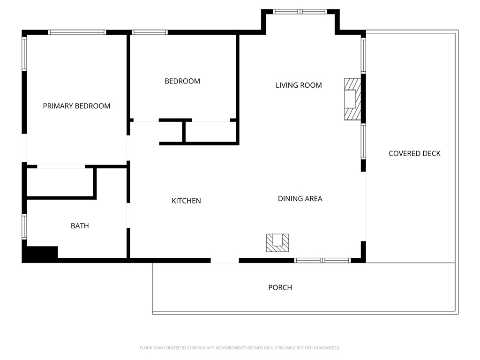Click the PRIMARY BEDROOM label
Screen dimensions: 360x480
pyautogui.click(x=76, y=106)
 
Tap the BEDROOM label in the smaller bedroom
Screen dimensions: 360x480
pyautogui.click(x=182, y=81)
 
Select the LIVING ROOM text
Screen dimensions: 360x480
pyautogui.click(x=299, y=85)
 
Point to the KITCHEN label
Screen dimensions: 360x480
pyautogui.click(x=186, y=201)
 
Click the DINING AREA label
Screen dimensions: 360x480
pyautogui.click(x=300, y=199)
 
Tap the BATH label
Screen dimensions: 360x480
pyautogui.click(x=80, y=226)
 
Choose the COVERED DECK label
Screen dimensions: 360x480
pyautogui.click(x=414, y=154)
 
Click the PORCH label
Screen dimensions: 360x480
pyautogui.click(x=280, y=287)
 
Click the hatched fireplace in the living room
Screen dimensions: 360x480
pyautogui.click(x=352, y=99)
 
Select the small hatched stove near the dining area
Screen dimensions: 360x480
pyautogui.click(x=277, y=243)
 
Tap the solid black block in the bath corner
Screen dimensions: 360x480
pyautogui.click(x=40, y=254)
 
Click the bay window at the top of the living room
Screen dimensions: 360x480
pyautogui.click(x=300, y=12)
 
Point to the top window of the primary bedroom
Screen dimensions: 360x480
pyautogui.click(x=77, y=32)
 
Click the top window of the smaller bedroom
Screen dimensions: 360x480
pyautogui.click(x=150, y=32)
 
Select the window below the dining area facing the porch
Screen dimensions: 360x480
pyautogui.click(x=322, y=260)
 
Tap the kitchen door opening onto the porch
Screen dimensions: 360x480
pyautogui.click(x=225, y=260)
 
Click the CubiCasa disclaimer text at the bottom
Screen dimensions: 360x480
pyautogui.click(x=240, y=348)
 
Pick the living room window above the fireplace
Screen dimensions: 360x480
pyautogui.click(x=363, y=55)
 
